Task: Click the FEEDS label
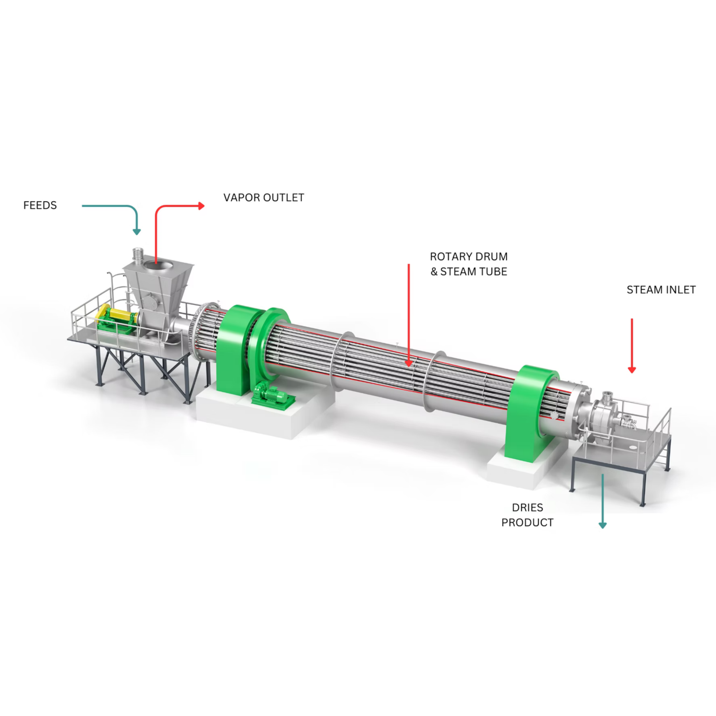click(x=40, y=205)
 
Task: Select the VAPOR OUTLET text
click(x=263, y=198)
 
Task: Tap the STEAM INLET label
click(x=661, y=290)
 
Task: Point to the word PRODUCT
click(x=527, y=523)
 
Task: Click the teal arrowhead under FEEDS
click(x=137, y=232)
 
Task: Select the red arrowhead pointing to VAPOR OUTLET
click(x=202, y=206)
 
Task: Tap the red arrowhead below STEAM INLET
click(x=632, y=370)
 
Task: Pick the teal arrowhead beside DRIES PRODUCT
click(x=603, y=525)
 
